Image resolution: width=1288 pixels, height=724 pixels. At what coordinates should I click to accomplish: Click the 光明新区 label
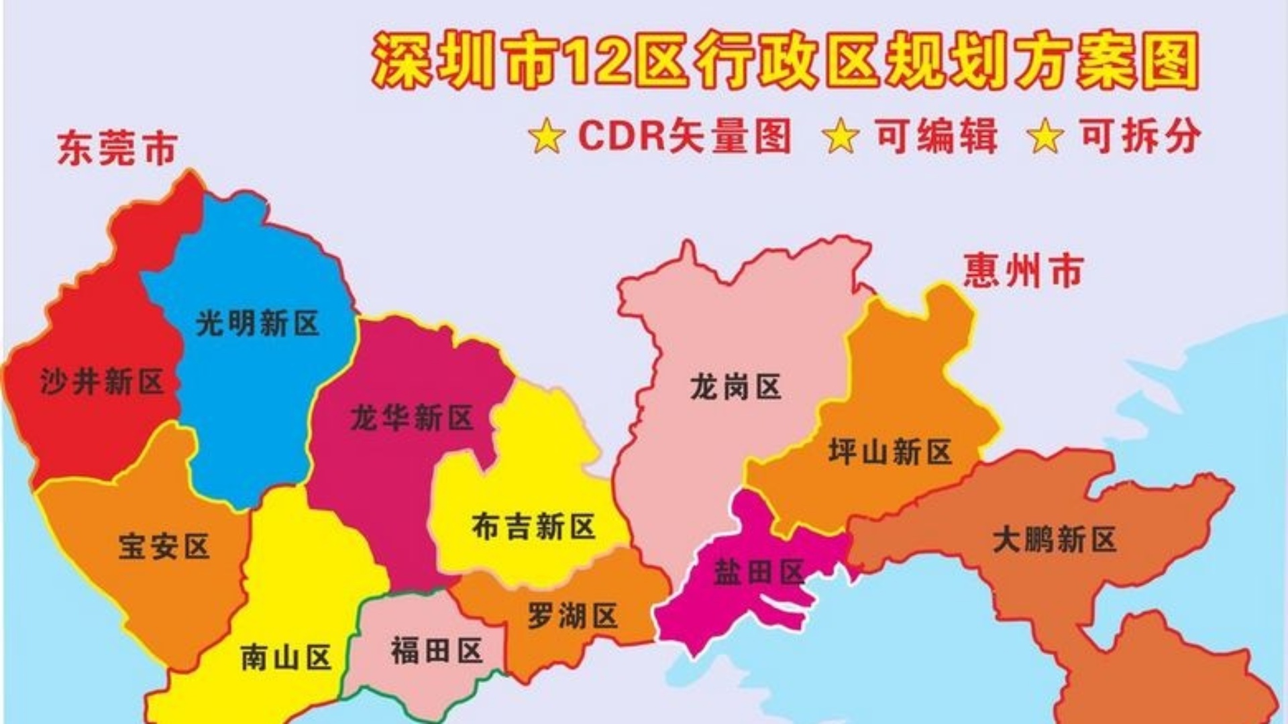(258, 324)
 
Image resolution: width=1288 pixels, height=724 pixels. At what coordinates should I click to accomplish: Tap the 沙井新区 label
(102, 382)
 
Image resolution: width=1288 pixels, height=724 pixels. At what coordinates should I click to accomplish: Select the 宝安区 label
(164, 546)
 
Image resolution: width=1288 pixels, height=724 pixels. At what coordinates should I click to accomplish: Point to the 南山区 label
(286, 658)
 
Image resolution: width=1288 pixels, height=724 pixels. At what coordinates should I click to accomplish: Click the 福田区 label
(437, 651)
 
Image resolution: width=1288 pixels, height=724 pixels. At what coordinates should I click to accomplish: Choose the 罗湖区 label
(572, 616)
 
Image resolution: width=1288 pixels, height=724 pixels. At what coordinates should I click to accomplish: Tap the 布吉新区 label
(533, 527)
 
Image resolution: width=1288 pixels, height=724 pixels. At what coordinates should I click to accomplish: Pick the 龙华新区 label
(412, 418)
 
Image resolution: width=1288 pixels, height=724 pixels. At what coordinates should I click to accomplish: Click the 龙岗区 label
(736, 387)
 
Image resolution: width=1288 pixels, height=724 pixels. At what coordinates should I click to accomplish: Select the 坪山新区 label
(890, 452)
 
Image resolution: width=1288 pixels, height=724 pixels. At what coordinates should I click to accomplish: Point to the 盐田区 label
(759, 572)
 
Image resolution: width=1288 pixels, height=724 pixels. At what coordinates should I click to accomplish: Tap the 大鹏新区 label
(1055, 540)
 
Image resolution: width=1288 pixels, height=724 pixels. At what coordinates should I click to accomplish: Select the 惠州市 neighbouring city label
(1024, 271)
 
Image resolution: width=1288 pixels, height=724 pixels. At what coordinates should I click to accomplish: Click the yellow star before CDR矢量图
(547, 136)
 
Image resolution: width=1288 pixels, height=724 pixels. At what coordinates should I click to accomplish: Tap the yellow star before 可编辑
(841, 136)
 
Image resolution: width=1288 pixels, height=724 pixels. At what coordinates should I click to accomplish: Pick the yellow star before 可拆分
(1046, 136)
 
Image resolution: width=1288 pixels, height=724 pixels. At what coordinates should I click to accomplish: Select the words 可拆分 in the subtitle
(1140, 135)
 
